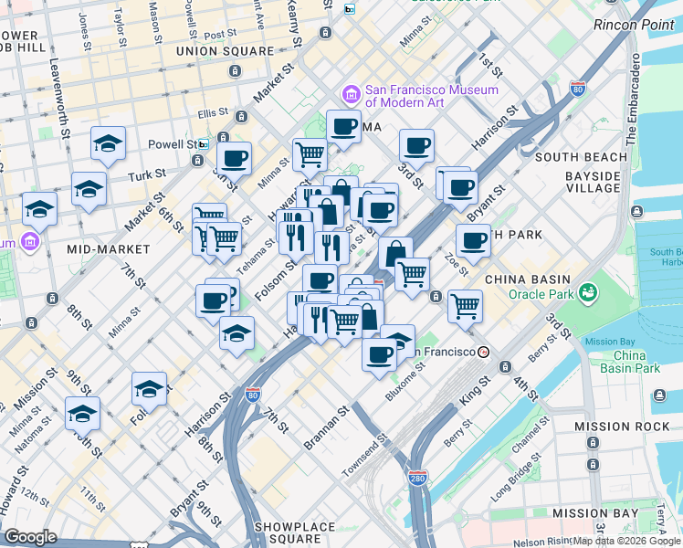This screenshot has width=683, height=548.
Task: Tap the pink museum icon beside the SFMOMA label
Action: click(x=350, y=95)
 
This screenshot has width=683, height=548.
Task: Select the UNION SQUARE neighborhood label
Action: click(x=226, y=51)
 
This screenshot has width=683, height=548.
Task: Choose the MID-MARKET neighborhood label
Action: click(x=108, y=248)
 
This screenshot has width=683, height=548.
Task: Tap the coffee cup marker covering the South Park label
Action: click(x=473, y=241)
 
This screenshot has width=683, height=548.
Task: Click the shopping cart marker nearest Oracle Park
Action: click(x=466, y=305)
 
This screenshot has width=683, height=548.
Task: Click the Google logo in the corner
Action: click(x=31, y=537)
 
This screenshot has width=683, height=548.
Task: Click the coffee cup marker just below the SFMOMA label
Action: click(x=343, y=127)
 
